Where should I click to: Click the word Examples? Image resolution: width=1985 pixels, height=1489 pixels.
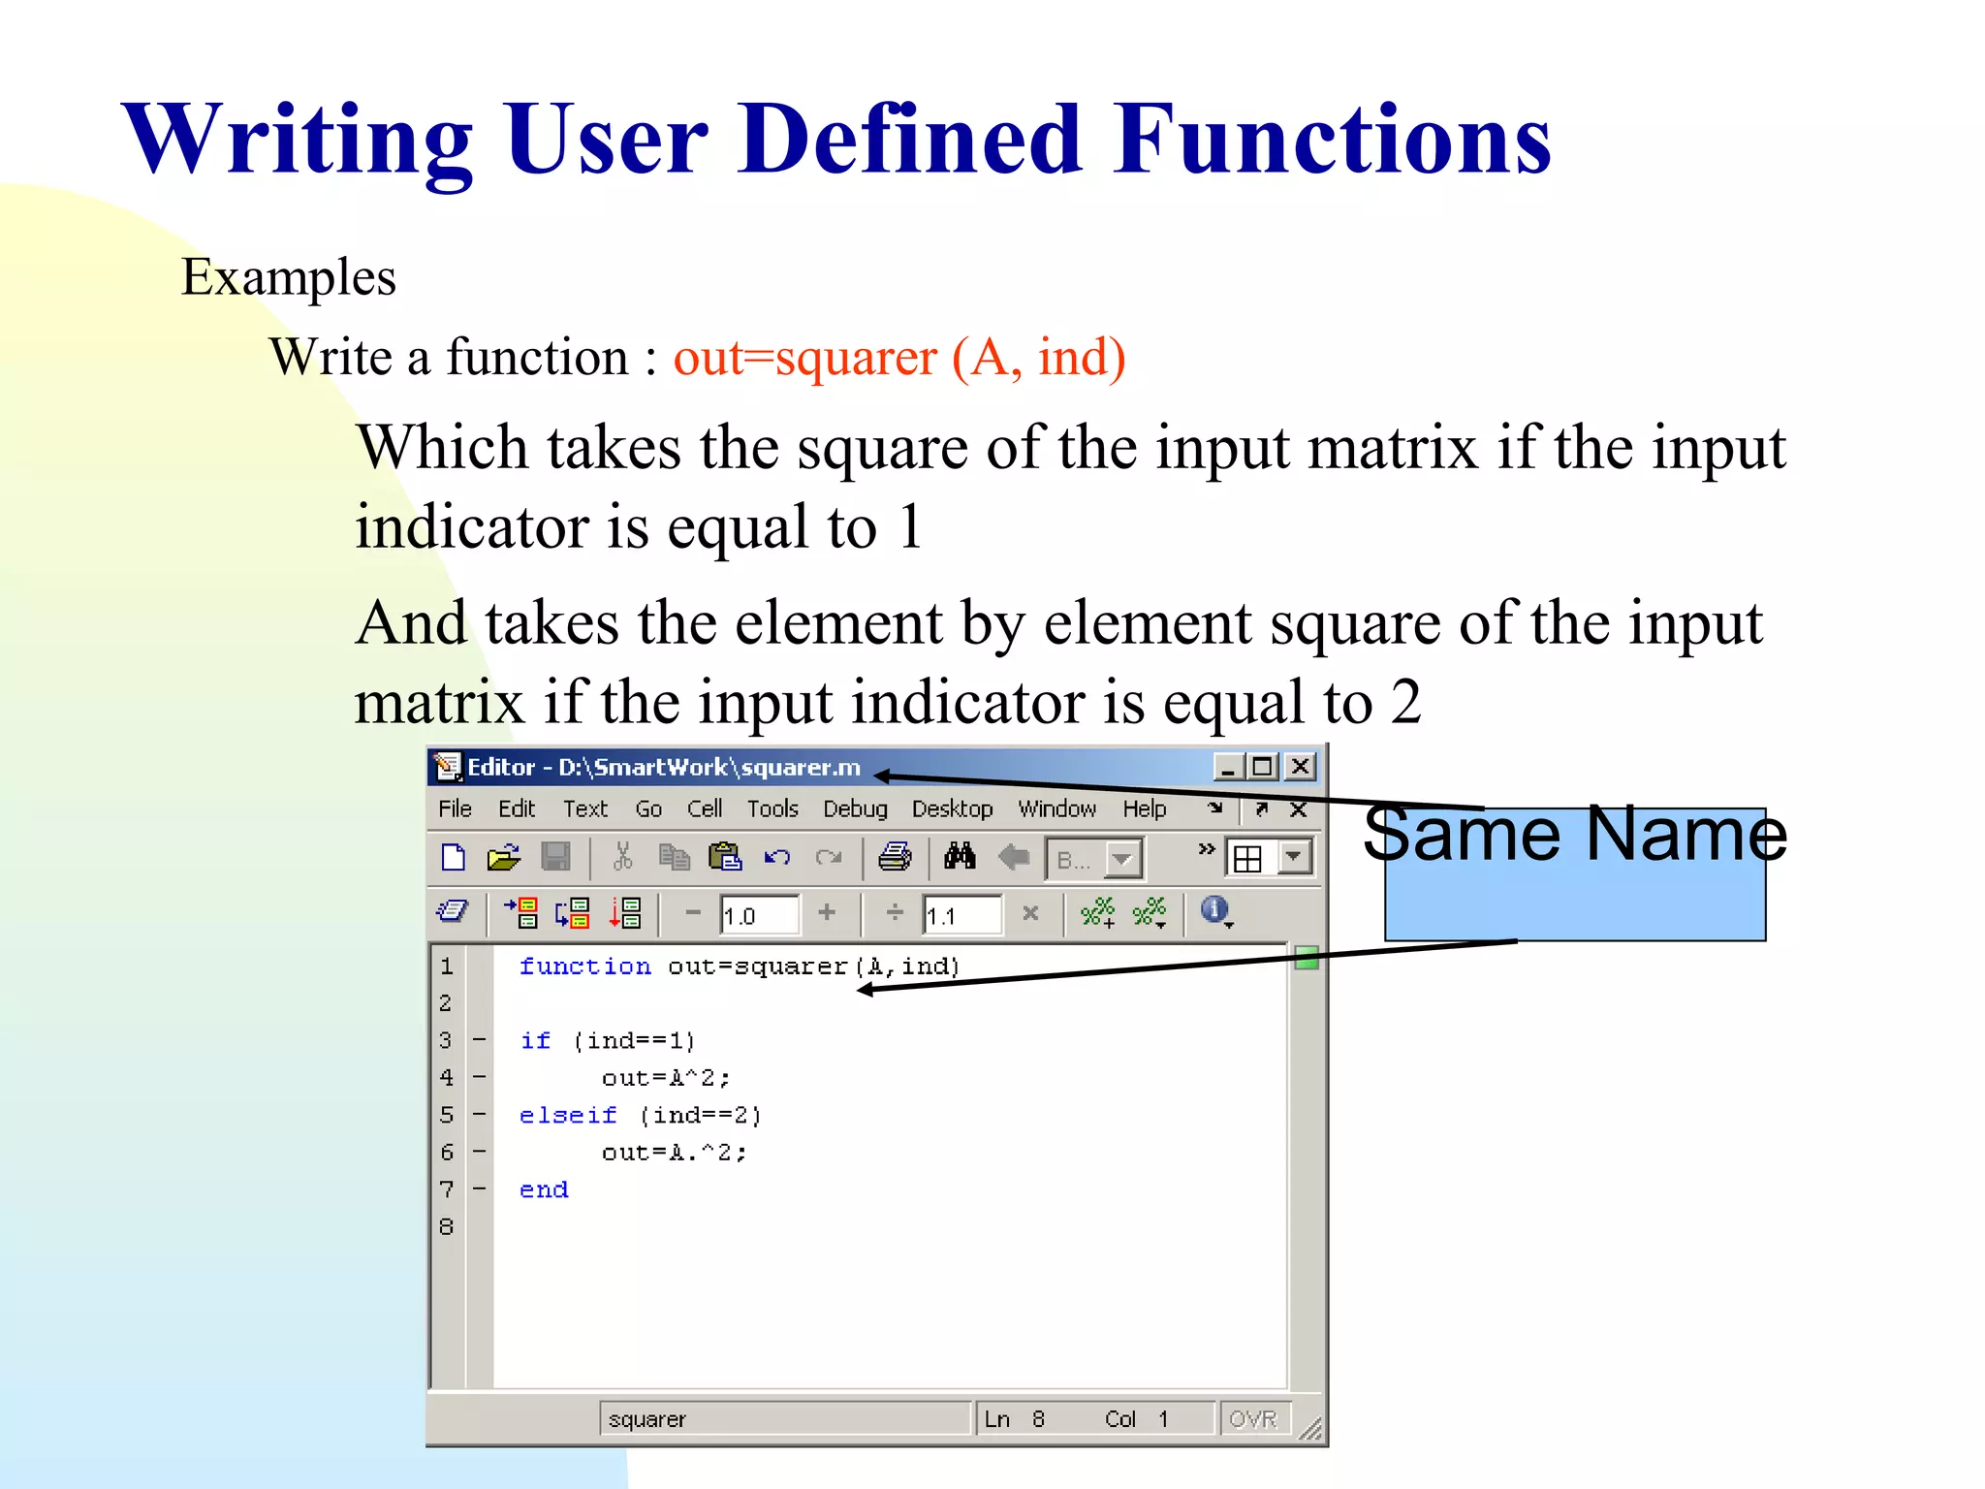[289, 278]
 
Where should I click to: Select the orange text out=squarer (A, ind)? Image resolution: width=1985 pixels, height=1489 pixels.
[898, 358]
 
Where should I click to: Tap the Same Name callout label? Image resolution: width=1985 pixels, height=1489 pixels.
[1574, 836]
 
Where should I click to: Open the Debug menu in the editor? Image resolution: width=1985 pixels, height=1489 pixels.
[855, 808]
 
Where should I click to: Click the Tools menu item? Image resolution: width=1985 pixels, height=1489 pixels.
[772, 808]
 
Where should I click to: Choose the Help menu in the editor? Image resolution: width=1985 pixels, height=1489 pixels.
[1144, 808]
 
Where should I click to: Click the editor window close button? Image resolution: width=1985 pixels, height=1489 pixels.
[1300, 767]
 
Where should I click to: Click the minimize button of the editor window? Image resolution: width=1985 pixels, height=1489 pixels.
[1228, 767]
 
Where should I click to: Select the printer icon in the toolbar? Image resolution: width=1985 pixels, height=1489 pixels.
[895, 857]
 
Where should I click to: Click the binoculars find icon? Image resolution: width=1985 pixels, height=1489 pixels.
[960, 857]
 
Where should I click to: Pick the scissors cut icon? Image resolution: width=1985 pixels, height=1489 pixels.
[622, 857]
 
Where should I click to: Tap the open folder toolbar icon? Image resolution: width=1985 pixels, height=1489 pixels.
[503, 857]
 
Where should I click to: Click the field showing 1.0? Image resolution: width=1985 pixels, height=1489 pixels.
[759, 915]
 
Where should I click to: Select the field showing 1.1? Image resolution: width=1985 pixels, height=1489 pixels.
[961, 915]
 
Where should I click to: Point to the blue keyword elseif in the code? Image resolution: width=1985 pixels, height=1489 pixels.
[568, 1115]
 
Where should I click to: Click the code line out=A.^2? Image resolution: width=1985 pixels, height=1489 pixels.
[674, 1153]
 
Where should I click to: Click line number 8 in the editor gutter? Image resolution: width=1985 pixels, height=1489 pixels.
[446, 1226]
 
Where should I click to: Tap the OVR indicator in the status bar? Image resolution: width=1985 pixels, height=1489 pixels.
[1253, 1419]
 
